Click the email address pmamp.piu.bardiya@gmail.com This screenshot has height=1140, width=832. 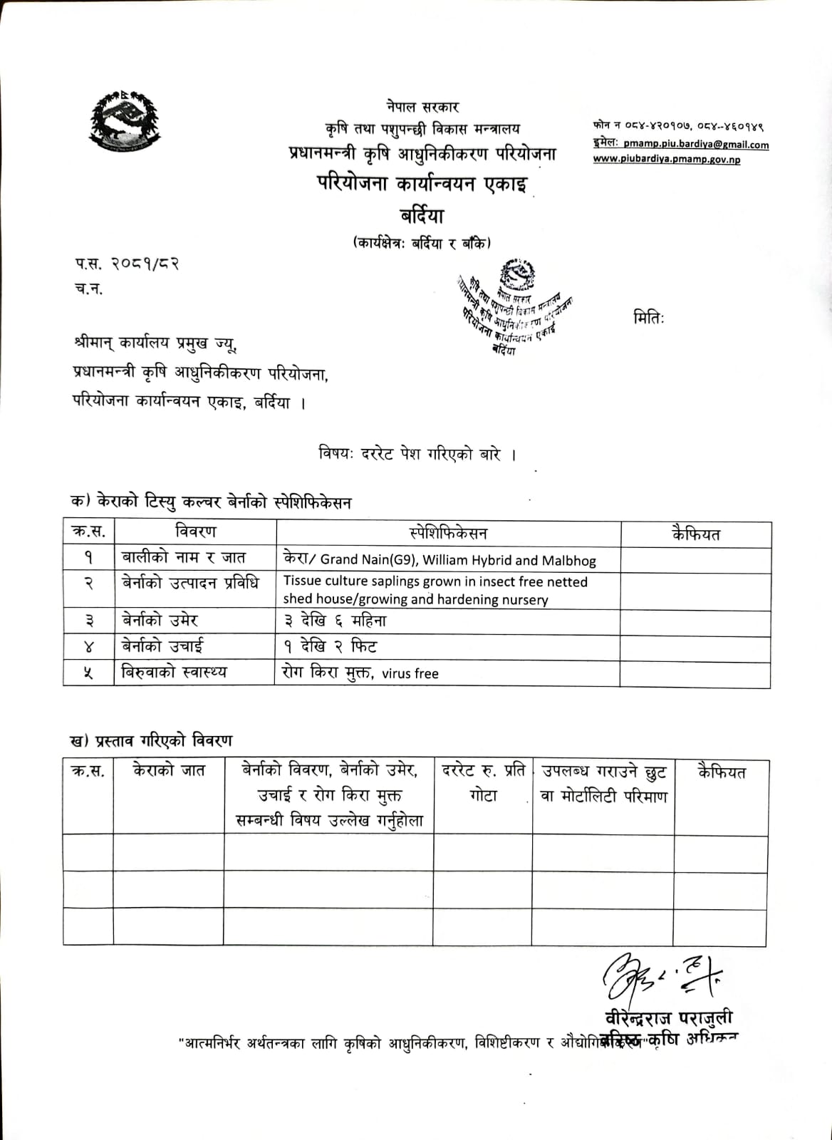click(x=695, y=145)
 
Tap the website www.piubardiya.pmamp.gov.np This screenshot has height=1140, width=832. click(x=666, y=160)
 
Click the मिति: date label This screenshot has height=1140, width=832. click(x=648, y=318)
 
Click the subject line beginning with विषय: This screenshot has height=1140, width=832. click(x=417, y=455)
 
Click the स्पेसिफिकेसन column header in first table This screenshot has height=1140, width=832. click(x=448, y=533)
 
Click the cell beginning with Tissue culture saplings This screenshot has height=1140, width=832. click(x=435, y=590)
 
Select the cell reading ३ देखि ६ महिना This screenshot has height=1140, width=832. click(x=334, y=621)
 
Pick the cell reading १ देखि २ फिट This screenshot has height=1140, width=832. click(x=329, y=647)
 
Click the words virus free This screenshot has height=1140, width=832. click(x=410, y=673)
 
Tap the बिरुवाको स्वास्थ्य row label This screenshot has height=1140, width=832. click(x=174, y=672)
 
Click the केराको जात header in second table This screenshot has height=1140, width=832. click(x=169, y=770)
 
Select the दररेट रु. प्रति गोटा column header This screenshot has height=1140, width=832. click(x=484, y=783)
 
